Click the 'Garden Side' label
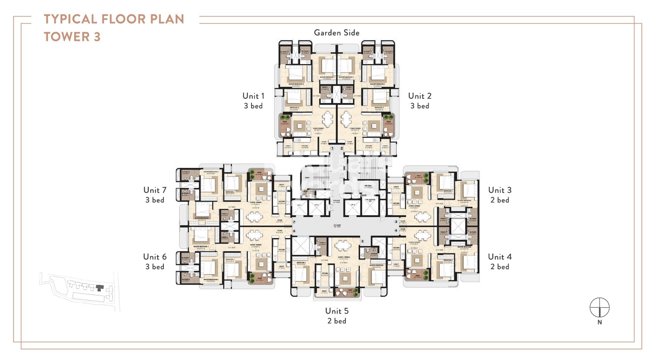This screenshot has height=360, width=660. (x=336, y=33)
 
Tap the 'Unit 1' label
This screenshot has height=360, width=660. (x=253, y=96)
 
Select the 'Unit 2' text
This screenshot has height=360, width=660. (x=420, y=96)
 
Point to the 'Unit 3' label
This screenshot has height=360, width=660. (x=500, y=190)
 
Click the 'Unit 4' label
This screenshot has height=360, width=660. (x=500, y=257)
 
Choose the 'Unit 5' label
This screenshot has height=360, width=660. (x=337, y=311)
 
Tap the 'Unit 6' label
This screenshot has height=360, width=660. (x=155, y=257)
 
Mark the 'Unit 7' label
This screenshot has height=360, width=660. (x=155, y=190)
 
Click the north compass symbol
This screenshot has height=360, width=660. (x=599, y=308)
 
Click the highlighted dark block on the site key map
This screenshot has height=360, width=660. (x=100, y=288)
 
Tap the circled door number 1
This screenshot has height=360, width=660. (x=332, y=148)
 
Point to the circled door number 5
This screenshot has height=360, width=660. (x=362, y=241)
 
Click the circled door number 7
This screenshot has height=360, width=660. (x=294, y=222)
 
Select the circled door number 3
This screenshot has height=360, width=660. (x=396, y=222)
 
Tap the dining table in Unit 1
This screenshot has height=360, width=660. (x=328, y=119)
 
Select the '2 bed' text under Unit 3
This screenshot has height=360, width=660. (x=500, y=200)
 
